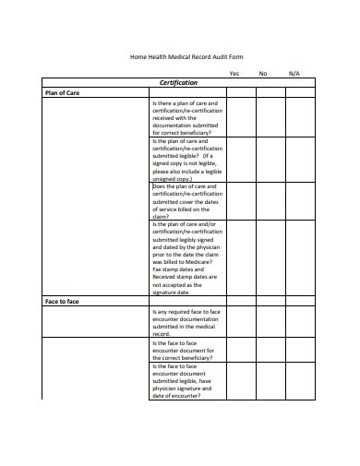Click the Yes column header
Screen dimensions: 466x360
tap(234, 73)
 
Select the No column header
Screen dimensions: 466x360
tap(263, 73)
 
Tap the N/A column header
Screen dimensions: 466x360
tap(294, 73)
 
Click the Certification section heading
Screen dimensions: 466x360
tap(179, 82)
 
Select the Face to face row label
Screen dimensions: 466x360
tap(63, 302)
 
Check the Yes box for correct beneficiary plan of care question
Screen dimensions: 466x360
tap(241, 117)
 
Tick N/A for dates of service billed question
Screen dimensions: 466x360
tap(300, 200)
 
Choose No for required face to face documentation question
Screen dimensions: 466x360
tap(270, 322)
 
